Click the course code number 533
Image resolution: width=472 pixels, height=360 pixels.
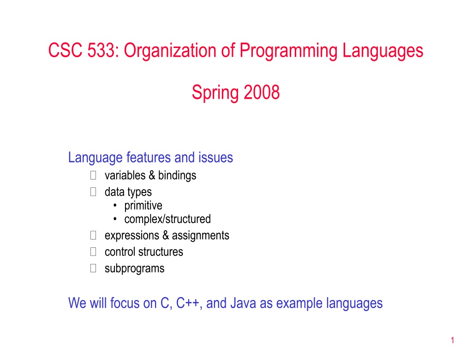click(x=101, y=50)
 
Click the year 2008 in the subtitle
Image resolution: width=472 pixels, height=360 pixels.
click(x=262, y=92)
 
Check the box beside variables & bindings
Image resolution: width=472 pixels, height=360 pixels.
click(x=93, y=175)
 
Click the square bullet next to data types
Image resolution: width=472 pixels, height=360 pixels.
click(x=93, y=192)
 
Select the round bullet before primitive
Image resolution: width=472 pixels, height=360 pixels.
click(x=115, y=205)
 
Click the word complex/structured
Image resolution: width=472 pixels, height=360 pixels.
click(x=167, y=219)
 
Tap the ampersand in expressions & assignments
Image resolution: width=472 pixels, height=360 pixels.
click(x=166, y=235)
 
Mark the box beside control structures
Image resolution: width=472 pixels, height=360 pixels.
click(x=93, y=252)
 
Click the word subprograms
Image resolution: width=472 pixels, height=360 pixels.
click(x=135, y=269)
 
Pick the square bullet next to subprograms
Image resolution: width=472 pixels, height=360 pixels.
click(x=93, y=268)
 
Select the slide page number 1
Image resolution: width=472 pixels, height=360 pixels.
click(x=453, y=340)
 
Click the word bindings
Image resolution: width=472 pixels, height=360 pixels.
click(x=177, y=176)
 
